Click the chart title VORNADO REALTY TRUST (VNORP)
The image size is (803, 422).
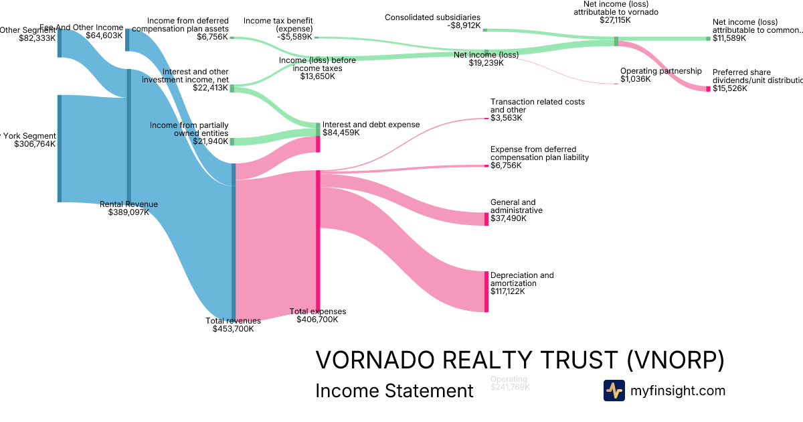point(519,360)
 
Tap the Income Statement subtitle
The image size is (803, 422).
point(394,391)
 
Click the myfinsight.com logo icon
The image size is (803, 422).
point(614,391)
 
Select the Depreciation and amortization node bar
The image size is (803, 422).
point(486,291)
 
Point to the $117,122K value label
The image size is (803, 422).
point(507,291)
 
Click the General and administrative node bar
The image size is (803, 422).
point(486,219)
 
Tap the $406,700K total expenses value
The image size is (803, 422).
point(317,320)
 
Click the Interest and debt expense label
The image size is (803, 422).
point(371,125)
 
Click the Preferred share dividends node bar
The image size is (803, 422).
point(708,88)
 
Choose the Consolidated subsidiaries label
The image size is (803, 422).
point(432,17)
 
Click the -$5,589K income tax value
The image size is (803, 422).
point(294,37)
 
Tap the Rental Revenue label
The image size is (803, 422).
point(128,204)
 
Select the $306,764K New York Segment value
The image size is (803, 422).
point(35,143)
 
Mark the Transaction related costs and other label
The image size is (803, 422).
point(537,106)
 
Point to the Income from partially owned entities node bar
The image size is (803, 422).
point(232,141)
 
